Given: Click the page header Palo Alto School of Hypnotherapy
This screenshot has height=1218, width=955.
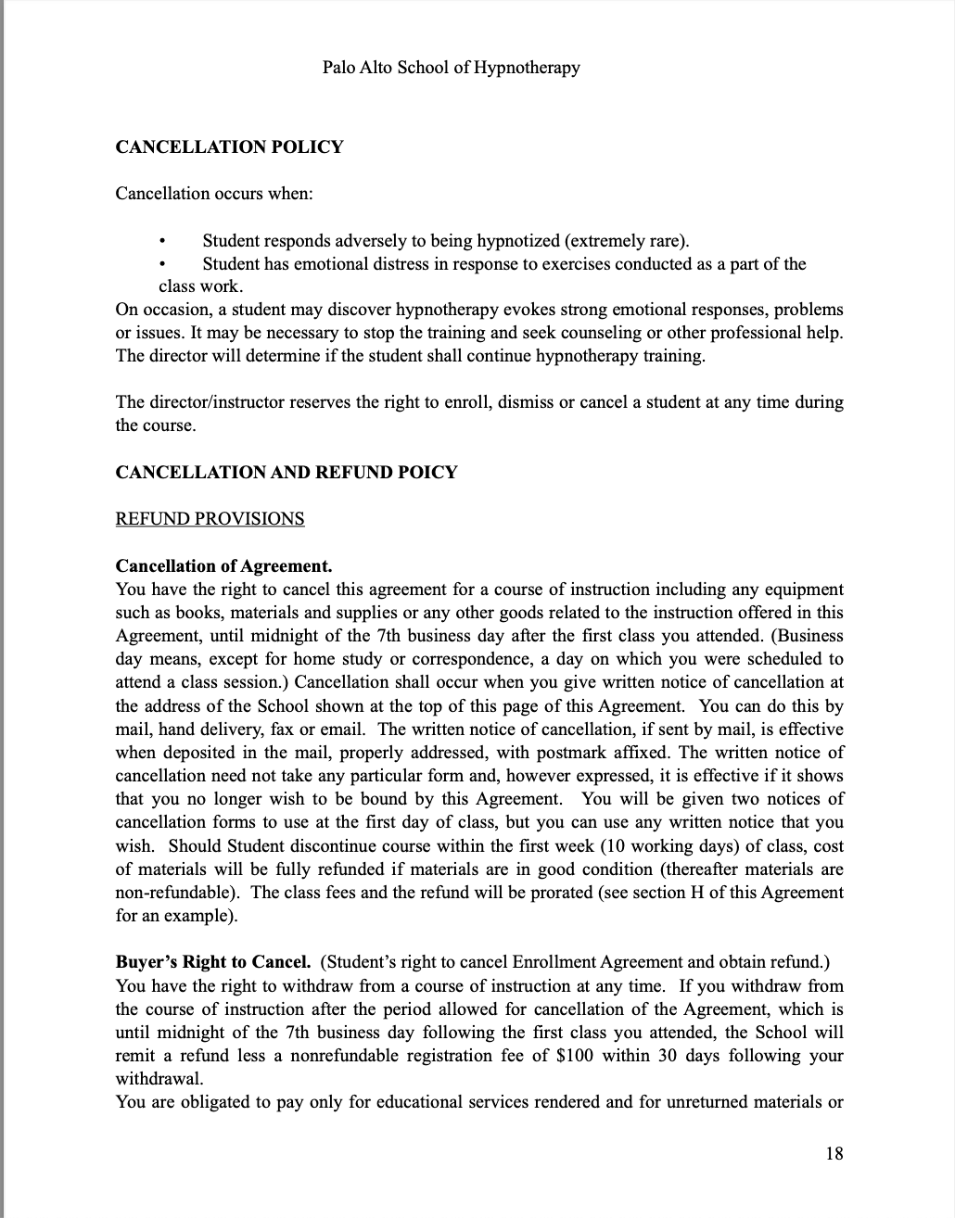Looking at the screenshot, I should click(451, 67).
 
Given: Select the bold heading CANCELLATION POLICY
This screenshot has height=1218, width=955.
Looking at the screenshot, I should click(229, 146).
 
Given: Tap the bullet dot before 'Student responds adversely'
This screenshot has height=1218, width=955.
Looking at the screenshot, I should click(163, 242).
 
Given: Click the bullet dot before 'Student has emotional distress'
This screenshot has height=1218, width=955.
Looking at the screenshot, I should click(163, 265).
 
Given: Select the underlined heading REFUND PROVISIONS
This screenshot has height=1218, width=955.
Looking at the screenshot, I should click(210, 518).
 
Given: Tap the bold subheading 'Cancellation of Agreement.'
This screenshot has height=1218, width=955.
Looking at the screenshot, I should click(223, 565).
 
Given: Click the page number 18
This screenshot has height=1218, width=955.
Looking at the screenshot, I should click(834, 1153).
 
